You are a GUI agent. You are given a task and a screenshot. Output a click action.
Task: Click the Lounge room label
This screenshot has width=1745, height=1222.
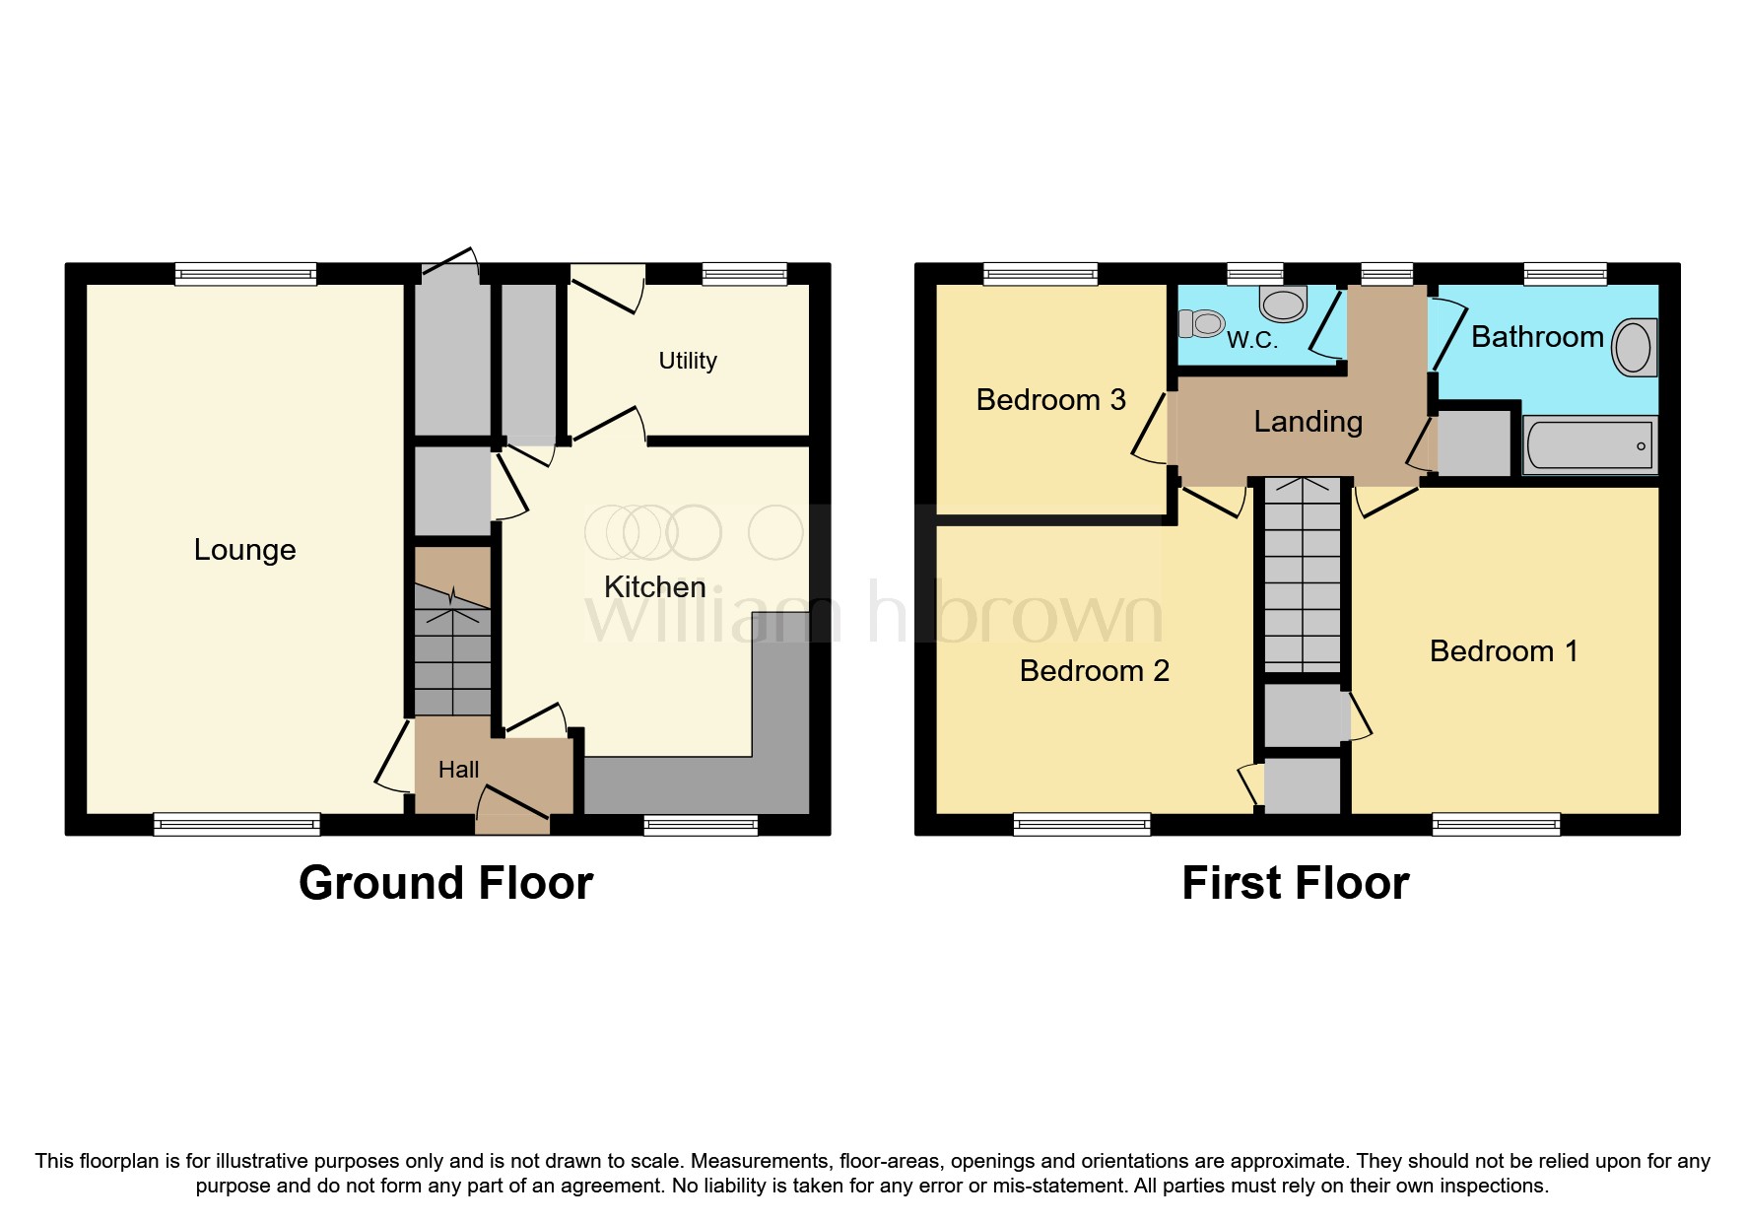click(x=244, y=550)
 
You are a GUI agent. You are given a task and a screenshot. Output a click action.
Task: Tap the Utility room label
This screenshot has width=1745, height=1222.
click(x=687, y=361)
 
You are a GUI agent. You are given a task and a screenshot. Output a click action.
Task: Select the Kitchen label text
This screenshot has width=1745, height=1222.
click(x=654, y=587)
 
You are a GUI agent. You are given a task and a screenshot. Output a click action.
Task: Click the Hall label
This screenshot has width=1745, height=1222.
click(x=458, y=770)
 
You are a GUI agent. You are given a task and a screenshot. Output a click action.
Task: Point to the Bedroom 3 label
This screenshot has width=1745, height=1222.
click(x=1050, y=400)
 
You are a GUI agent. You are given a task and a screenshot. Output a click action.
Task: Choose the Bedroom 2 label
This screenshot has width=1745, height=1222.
click(x=1094, y=671)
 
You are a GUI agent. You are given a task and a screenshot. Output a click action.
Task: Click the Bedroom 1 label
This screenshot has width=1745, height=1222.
click(x=1504, y=651)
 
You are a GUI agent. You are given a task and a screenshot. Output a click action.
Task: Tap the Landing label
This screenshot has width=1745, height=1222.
click(x=1308, y=422)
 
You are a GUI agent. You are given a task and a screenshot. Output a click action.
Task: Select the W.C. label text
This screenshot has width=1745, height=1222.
click(x=1251, y=341)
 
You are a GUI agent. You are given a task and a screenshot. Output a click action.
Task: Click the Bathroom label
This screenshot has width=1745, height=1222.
click(x=1537, y=337)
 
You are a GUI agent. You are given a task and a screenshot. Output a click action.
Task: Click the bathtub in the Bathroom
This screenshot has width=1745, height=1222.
click(x=1588, y=445)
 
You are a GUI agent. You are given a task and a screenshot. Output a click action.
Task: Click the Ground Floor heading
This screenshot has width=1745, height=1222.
click(x=445, y=883)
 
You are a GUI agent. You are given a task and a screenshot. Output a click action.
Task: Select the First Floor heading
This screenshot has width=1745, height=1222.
click(x=1295, y=883)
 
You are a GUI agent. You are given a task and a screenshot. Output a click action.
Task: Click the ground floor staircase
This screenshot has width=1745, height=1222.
click(x=452, y=650)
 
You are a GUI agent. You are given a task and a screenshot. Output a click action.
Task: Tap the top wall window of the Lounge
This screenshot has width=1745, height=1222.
click(x=245, y=274)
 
